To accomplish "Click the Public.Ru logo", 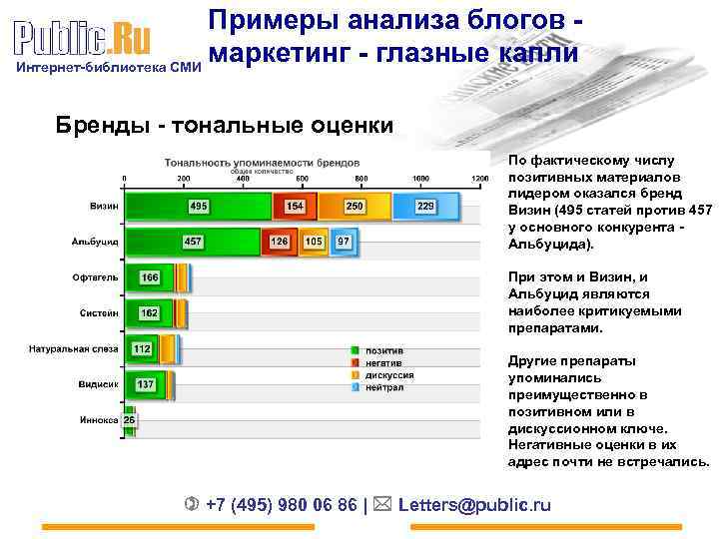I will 83,40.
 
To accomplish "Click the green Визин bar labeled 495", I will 198,206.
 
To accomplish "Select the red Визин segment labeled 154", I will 296,206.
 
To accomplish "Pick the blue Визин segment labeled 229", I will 426,206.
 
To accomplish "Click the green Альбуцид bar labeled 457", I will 193,242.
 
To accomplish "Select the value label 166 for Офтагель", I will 150,276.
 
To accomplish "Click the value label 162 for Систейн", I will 149,312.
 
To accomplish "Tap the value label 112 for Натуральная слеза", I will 142,348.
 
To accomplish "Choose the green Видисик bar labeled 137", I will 145,384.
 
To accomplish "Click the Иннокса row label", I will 99,420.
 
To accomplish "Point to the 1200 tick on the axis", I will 480,178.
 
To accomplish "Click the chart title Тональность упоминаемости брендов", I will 264,161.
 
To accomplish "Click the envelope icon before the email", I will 384,504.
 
